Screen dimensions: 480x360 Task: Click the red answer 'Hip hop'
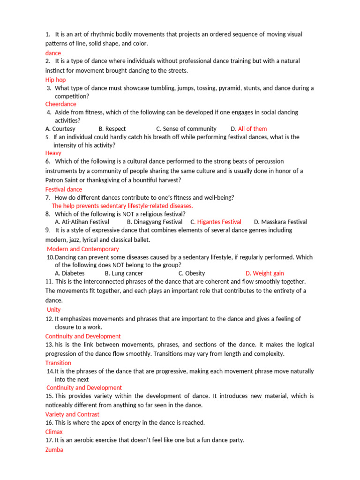(x=55, y=80)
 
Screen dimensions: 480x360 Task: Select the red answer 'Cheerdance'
(x=60, y=104)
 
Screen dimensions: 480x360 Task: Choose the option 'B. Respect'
(x=112, y=128)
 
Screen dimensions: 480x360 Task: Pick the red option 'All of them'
(x=252, y=128)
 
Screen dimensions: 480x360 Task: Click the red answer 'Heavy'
(x=53, y=153)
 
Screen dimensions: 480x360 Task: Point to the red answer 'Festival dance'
(x=63, y=189)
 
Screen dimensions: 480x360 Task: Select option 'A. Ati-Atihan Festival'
(x=82, y=222)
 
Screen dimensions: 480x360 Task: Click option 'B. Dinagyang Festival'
(x=154, y=222)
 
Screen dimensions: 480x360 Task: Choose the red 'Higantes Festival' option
(x=219, y=222)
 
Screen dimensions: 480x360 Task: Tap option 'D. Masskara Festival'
(x=280, y=222)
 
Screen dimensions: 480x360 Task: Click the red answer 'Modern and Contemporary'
(x=82, y=249)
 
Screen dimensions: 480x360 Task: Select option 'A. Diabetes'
(x=69, y=273)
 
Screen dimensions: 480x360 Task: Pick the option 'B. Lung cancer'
(x=124, y=273)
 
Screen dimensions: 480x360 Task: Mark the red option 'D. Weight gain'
(x=264, y=273)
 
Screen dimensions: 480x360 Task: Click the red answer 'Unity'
(x=53, y=310)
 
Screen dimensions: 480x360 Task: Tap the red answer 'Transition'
(x=58, y=363)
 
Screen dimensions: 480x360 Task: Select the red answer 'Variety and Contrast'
(x=72, y=414)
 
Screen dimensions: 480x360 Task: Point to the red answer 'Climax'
(x=54, y=432)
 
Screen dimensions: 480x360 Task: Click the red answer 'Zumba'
(x=54, y=450)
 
